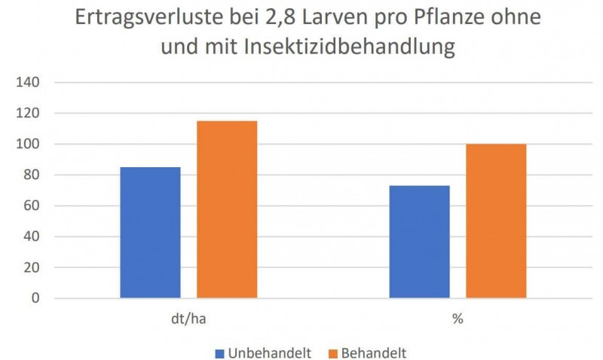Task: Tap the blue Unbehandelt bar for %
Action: tap(419, 241)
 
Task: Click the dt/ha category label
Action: tap(188, 319)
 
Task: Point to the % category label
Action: tap(458, 319)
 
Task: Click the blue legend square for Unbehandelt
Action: tap(220, 352)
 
